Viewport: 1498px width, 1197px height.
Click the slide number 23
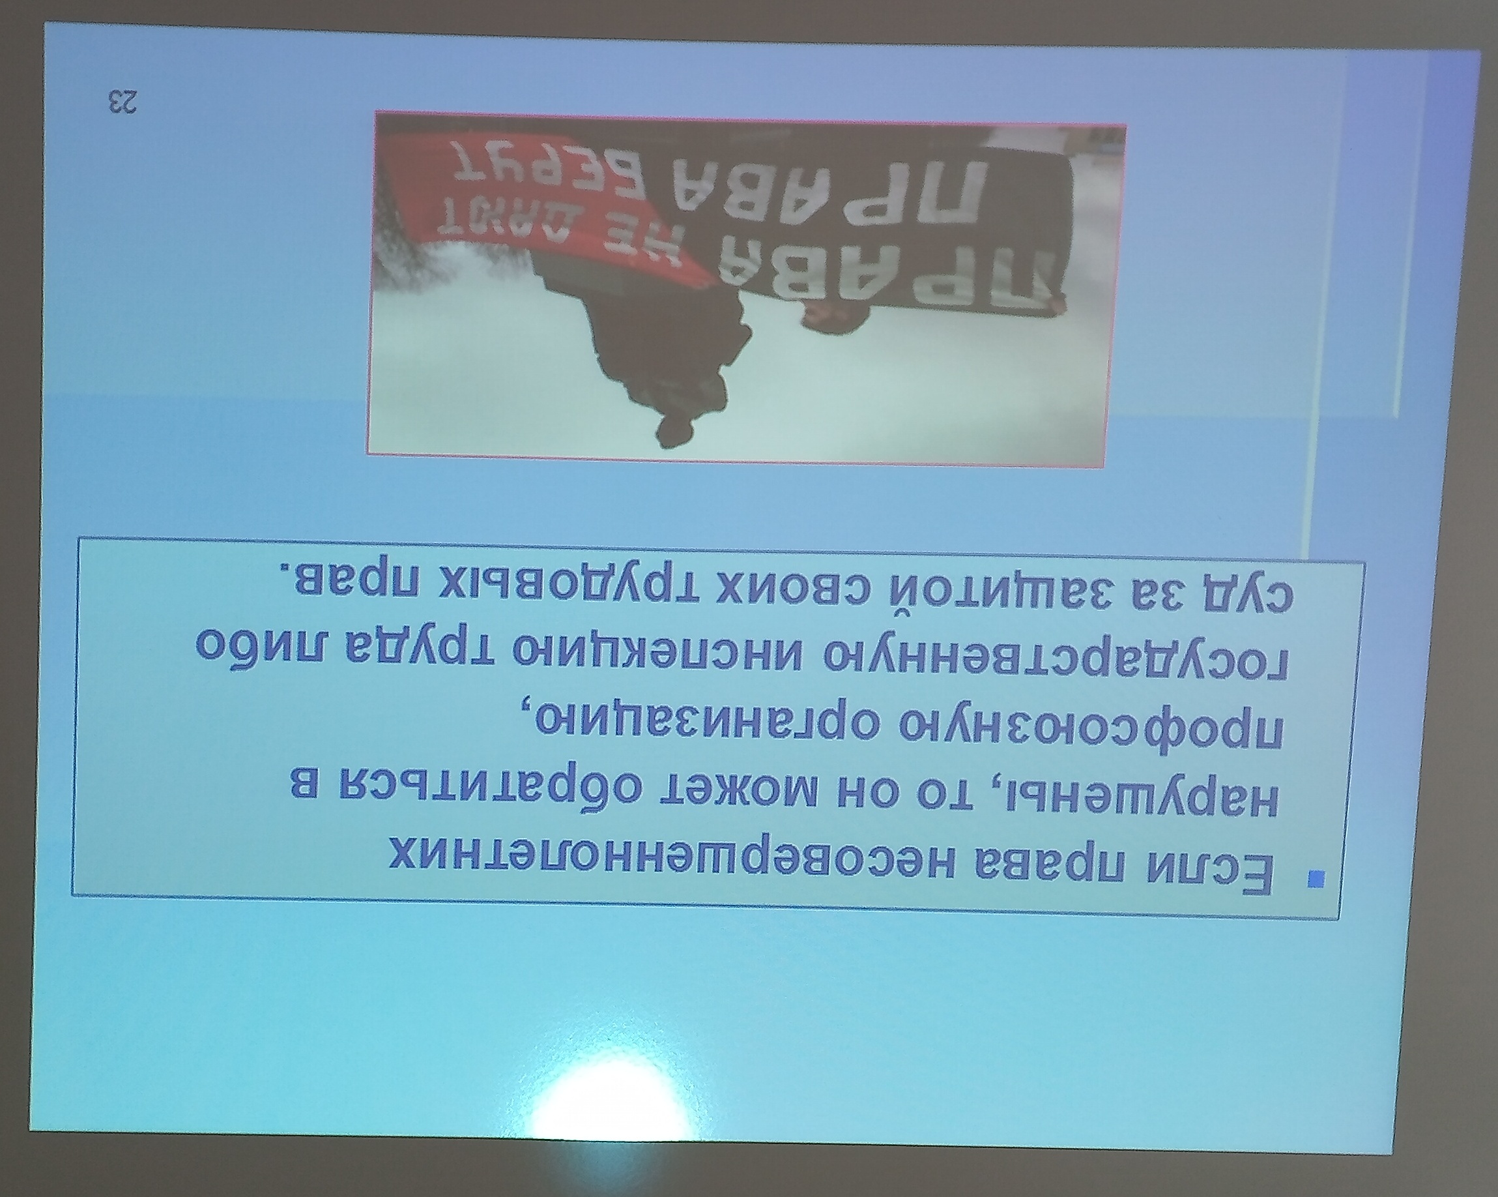122,102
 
